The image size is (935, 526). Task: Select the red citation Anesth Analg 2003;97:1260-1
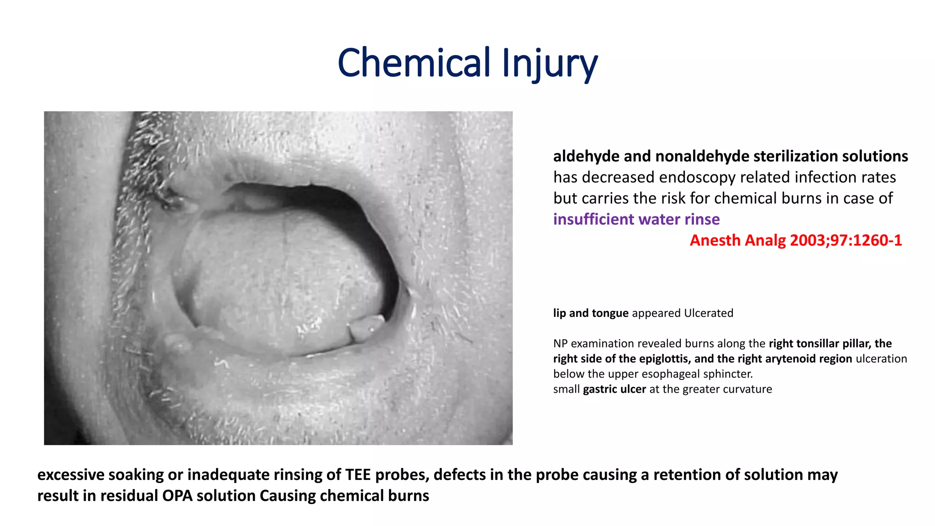tap(795, 240)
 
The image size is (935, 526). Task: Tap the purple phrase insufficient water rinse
tap(636, 219)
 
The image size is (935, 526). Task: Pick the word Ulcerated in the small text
tap(709, 313)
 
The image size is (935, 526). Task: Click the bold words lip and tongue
tap(590, 313)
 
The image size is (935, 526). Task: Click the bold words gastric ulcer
tap(614, 389)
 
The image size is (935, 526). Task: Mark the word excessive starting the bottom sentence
tap(71, 475)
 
